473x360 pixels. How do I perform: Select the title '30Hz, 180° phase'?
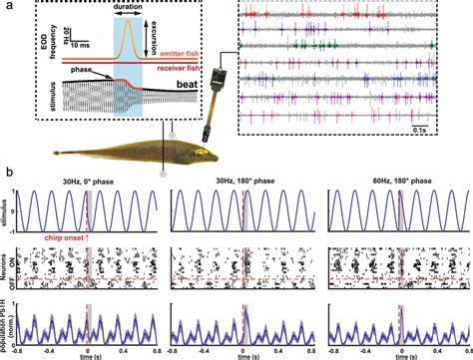240,180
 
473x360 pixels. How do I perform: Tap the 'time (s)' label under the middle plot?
245,354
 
